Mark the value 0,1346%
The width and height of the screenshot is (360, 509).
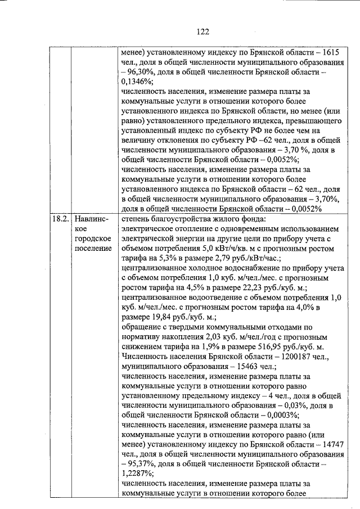click(138, 83)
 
